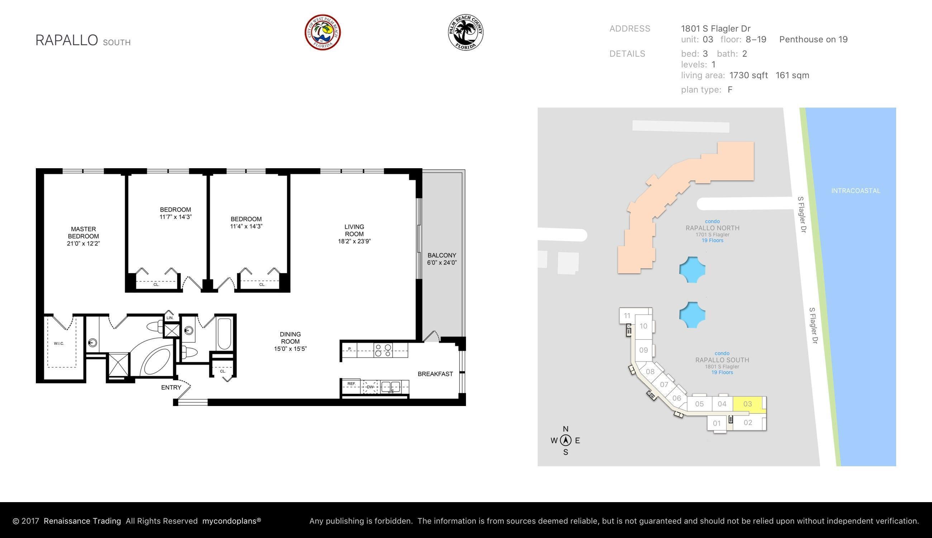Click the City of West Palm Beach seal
coord(322,33)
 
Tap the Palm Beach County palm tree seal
coord(466,33)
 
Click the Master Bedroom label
coord(84,232)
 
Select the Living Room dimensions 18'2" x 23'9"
coord(354,241)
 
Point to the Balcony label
coord(442,255)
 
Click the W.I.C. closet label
coord(59,343)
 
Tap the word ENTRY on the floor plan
coord(171,387)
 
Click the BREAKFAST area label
coord(435,374)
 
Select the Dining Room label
coord(290,338)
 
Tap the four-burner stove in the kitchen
coord(383,350)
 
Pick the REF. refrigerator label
coord(351,383)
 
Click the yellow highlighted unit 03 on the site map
coord(747,404)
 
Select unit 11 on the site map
coord(627,316)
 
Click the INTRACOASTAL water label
coord(855,191)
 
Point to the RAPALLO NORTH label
coord(712,228)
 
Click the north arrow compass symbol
coord(565,440)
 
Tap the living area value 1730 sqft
coord(748,75)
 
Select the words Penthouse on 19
coord(813,39)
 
